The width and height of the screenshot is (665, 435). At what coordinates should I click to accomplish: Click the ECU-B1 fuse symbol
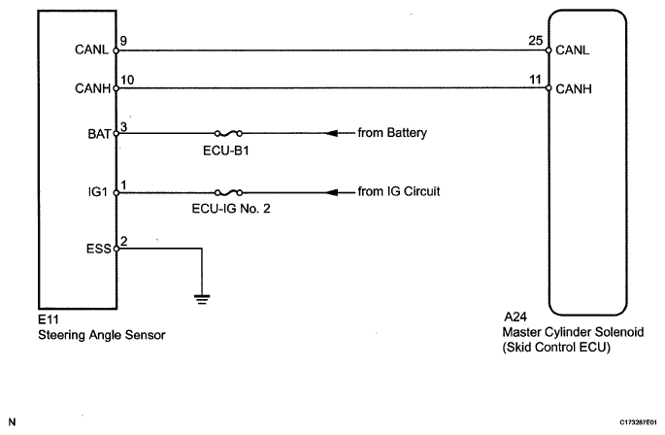226,133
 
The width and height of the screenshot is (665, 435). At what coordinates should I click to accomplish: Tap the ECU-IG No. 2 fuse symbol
226,191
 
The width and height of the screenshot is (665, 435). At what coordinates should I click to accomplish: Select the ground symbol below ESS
202,298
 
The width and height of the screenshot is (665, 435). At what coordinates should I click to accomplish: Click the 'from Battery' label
393,133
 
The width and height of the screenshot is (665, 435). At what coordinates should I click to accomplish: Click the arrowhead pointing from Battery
335,133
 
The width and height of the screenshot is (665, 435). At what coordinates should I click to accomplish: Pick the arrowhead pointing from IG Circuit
335,191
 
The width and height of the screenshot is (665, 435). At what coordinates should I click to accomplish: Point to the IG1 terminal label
99,191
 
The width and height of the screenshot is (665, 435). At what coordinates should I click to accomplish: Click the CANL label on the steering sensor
93,50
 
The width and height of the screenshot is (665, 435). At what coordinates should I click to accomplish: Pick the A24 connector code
515,317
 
